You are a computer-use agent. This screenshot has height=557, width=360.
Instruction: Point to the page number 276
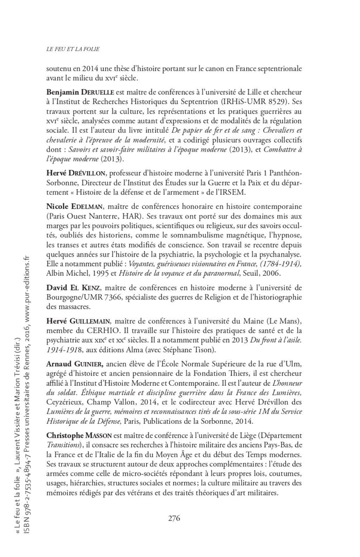coord(174,518)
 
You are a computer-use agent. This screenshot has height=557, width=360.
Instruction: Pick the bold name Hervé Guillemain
coord(78,320)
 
